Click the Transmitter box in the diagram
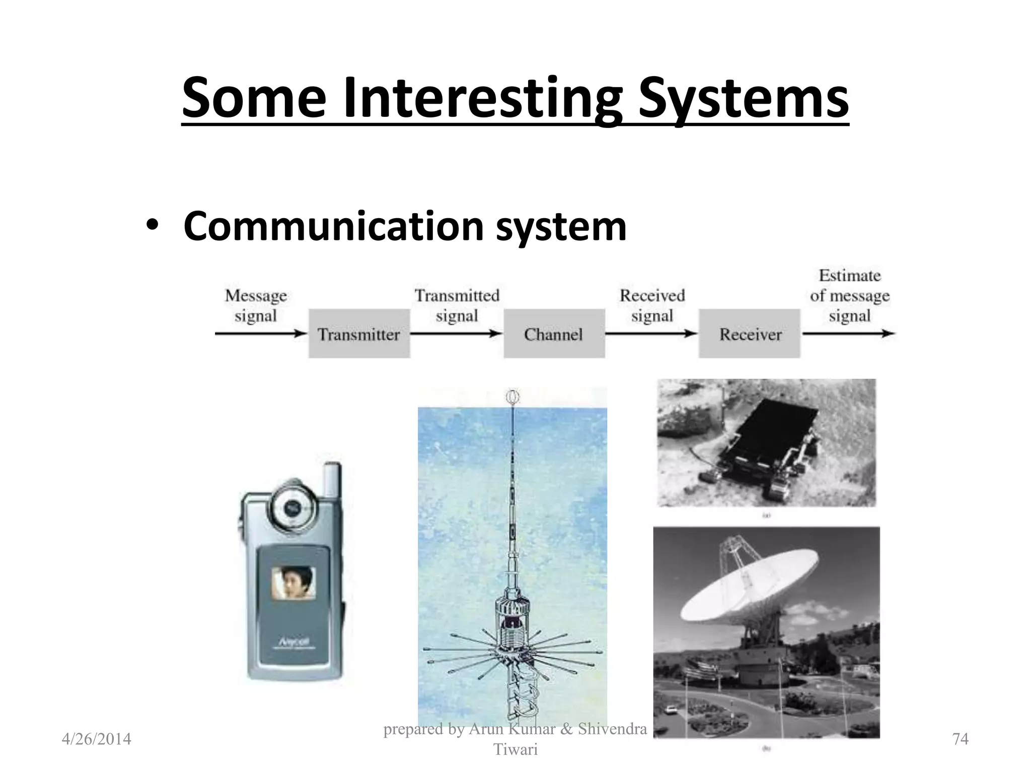pos(359,334)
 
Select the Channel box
pos(554,334)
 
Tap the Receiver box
pos(749,334)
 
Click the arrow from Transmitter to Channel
pos(456,333)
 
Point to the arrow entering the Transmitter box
pos(261,333)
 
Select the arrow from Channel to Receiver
pos(651,333)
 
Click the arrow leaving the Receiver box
pos(848,333)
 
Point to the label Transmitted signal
pos(457,305)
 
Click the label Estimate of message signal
pos(850,295)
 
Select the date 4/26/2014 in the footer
pos(96,739)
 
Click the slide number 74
pos(961,739)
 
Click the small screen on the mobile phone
pos(294,583)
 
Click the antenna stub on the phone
pos(332,479)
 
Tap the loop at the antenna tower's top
pos(512,398)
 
